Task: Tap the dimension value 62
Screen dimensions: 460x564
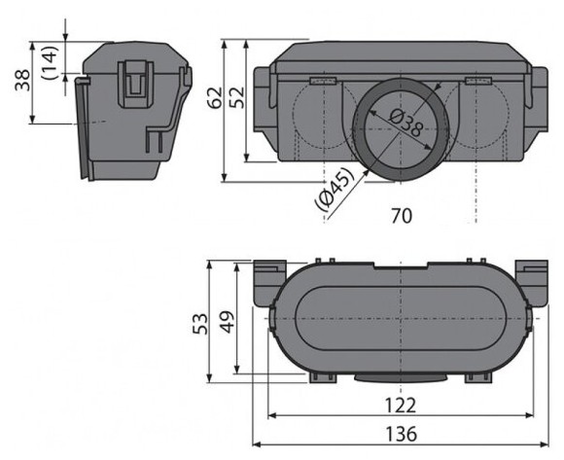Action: click(x=216, y=98)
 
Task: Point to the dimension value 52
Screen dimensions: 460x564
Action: click(x=236, y=98)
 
